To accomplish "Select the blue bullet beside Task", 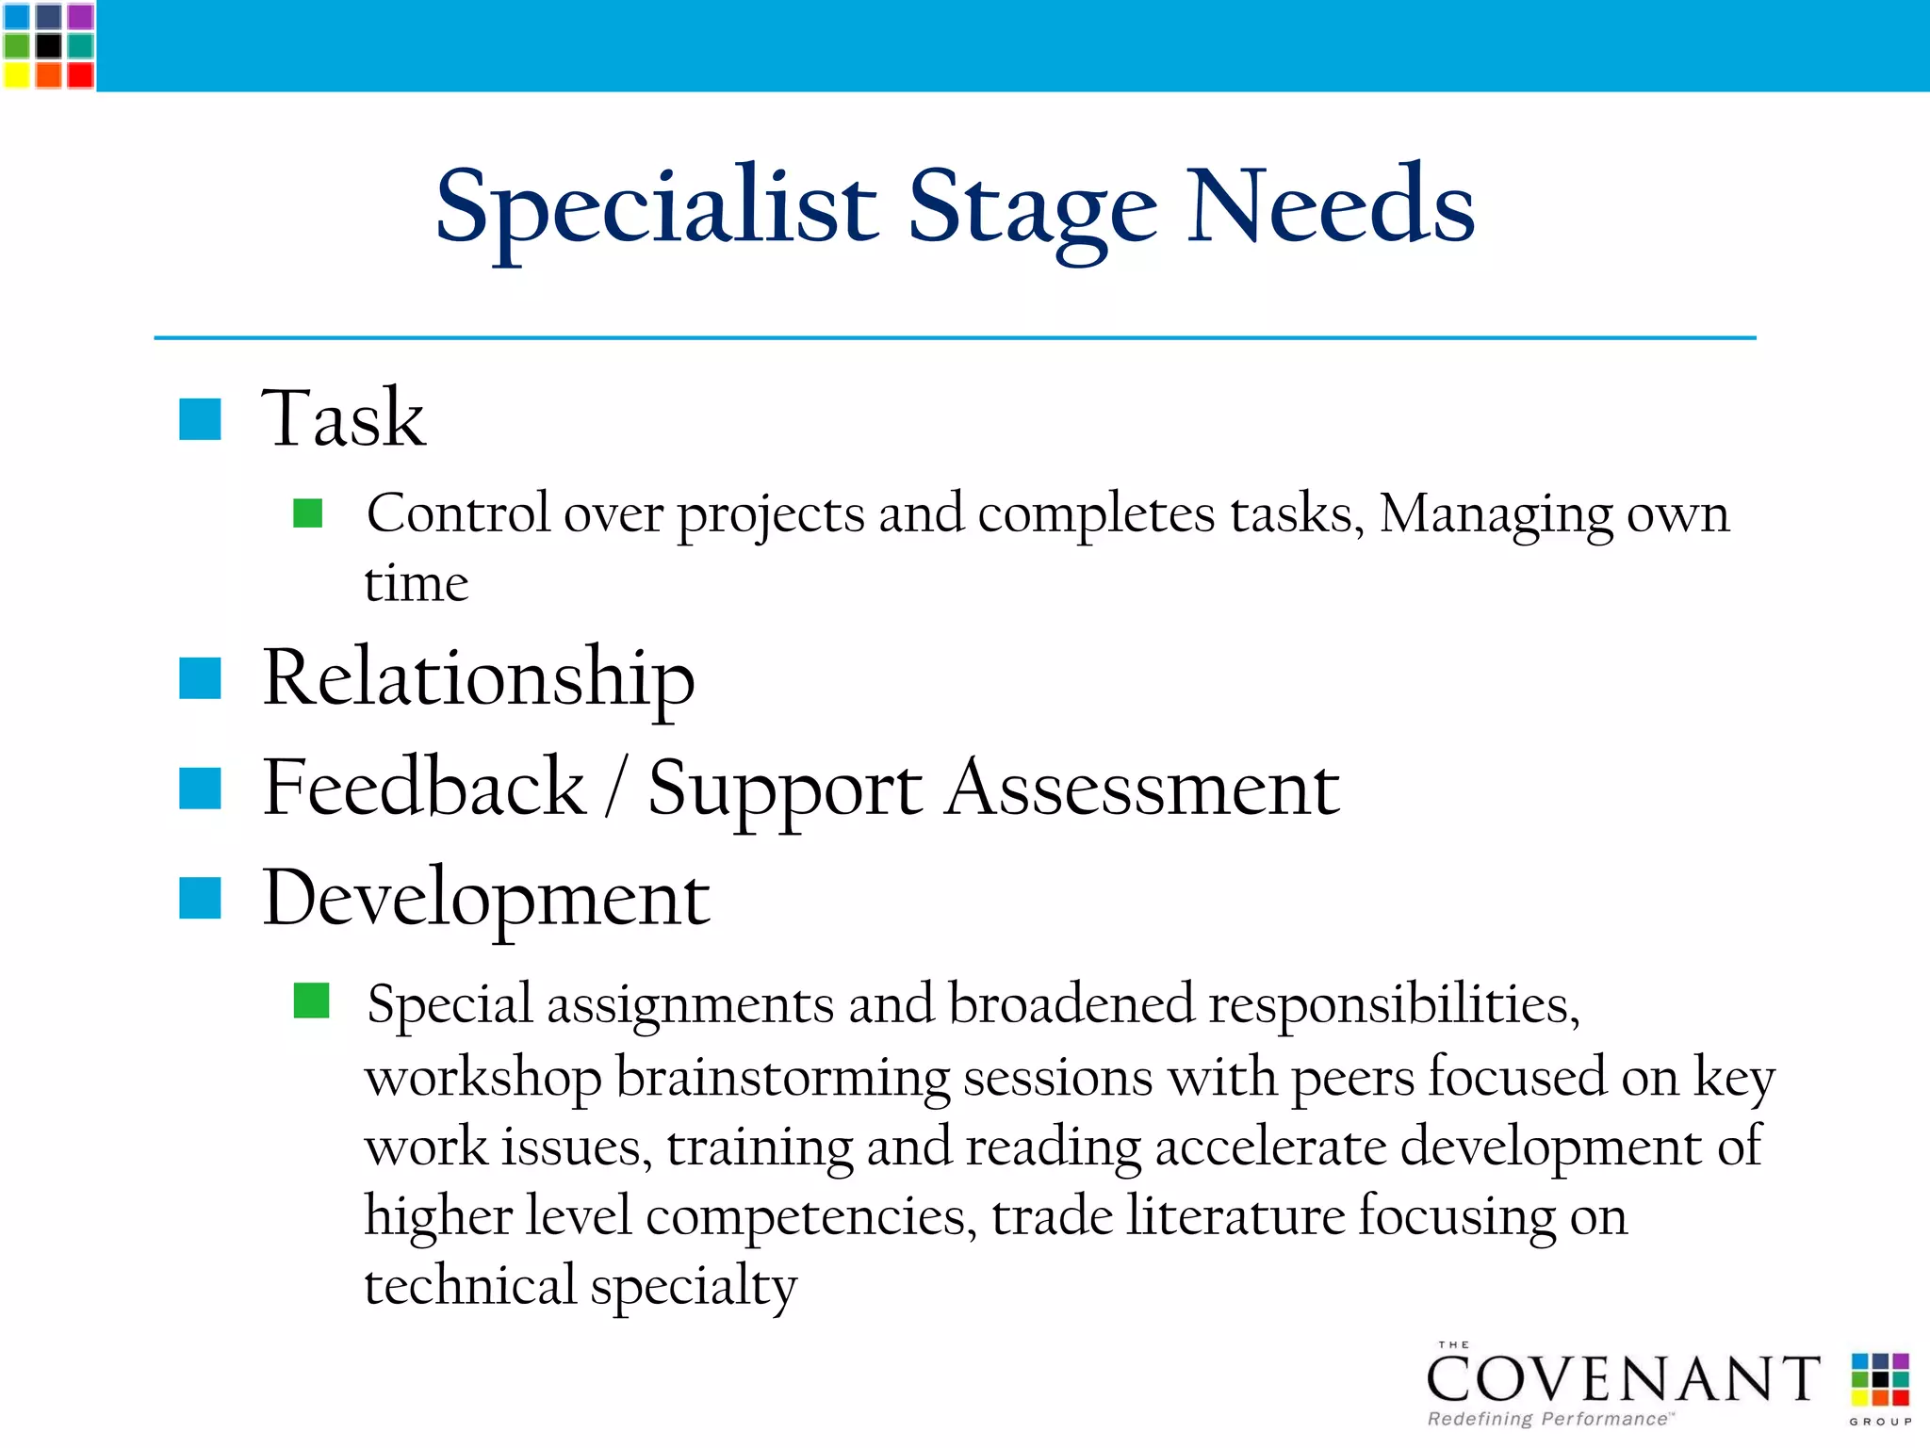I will click(200, 419).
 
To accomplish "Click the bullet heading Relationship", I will click(479, 678).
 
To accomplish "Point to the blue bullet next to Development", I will click(200, 898).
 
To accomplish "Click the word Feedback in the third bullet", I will click(424, 788).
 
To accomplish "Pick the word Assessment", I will click(1142, 788).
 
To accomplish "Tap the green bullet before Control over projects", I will click(308, 513).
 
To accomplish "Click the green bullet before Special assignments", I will click(311, 1001).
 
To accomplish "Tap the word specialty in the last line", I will click(694, 1286).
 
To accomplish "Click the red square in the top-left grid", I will click(80, 74).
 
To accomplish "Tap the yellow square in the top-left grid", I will click(17, 74).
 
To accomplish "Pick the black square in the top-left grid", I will click(48, 45).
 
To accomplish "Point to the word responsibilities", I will click(1394, 1005).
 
